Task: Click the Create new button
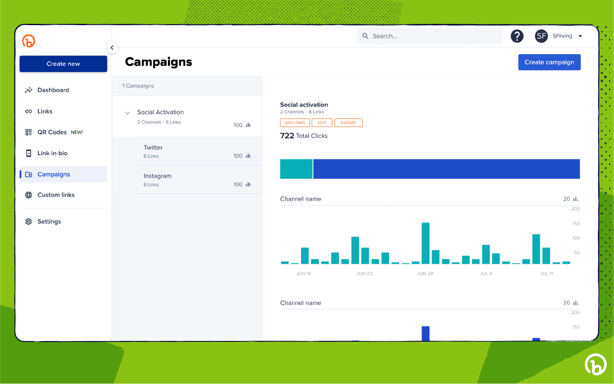tap(63, 64)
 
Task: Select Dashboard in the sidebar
tap(53, 90)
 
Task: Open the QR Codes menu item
tap(52, 132)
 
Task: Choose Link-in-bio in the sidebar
tap(52, 153)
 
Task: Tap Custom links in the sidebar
tap(56, 195)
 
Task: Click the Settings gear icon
tap(29, 222)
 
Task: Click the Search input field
tap(430, 36)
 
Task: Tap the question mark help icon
tap(517, 36)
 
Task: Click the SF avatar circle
tap(541, 36)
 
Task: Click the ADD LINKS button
tap(295, 123)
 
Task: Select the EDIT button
tap(322, 123)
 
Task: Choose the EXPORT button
tap(348, 123)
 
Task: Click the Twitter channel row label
tap(153, 147)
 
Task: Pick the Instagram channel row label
tap(157, 176)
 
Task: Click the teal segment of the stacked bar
tap(296, 169)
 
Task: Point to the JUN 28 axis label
tap(425, 274)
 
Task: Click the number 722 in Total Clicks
tap(287, 136)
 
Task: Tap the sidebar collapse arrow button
tap(112, 48)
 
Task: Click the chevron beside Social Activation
tap(127, 113)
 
